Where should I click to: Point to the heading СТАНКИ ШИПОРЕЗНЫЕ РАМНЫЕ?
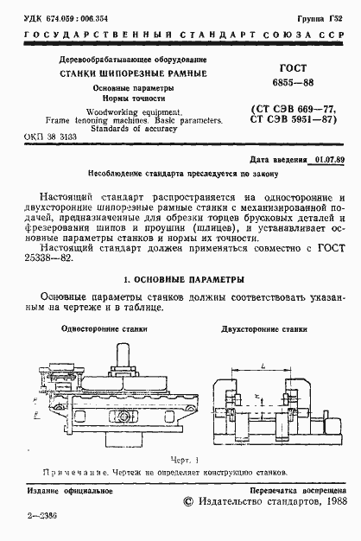[x=133, y=73]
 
